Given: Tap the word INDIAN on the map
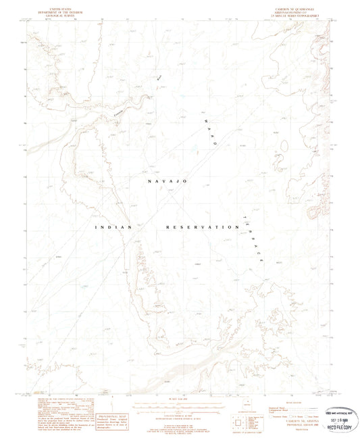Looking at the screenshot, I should [113, 228].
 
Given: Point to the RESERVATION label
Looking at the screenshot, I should [198, 228].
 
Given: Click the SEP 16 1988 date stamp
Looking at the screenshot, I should [338, 419].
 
